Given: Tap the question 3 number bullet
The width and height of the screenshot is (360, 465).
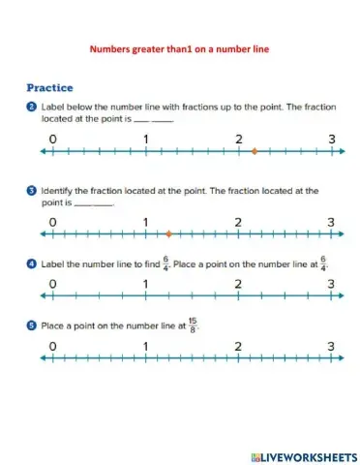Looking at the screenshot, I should pos(32,191).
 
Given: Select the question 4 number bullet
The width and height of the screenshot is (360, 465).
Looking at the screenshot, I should pos(32,262).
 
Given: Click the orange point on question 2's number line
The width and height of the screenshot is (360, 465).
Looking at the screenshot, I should pos(254,151).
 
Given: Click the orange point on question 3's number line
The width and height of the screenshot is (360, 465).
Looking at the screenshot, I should pos(168,233).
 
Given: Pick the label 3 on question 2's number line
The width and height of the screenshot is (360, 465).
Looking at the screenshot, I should pos(331,139).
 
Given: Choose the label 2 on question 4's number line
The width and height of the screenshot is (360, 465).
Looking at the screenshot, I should pos(238,284).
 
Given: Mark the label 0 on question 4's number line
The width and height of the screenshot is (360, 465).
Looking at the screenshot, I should pos(52,284).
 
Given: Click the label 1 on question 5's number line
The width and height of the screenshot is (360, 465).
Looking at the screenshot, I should pos(145,346).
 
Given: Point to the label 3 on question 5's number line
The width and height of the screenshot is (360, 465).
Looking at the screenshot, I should pos(331,346).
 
